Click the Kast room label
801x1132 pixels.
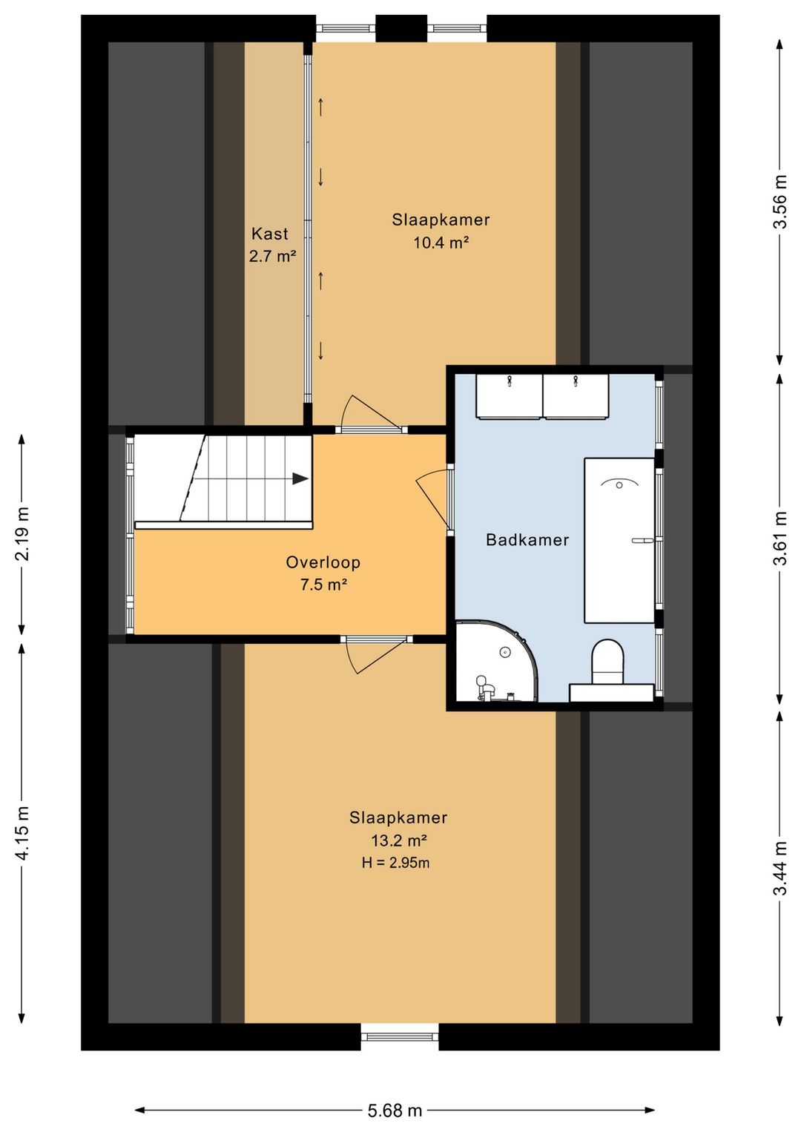tap(270, 234)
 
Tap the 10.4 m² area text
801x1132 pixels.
tap(441, 243)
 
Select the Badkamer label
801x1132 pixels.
tap(527, 540)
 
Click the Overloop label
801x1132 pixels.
tap(323, 562)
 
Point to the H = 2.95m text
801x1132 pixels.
tap(396, 862)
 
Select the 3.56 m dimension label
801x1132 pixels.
tap(781, 201)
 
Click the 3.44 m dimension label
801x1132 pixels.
tap(781, 868)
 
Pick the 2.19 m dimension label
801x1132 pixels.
tap(22, 533)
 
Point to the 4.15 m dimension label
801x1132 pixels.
tap(22, 832)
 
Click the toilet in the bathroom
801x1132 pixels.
tap(607, 663)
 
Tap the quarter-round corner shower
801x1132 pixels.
tap(495, 661)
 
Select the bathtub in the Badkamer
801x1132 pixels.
tap(619, 540)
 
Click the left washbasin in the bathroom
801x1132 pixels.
tap(509, 396)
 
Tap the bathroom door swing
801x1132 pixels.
tap(434, 500)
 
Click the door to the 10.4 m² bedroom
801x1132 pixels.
tap(373, 414)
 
